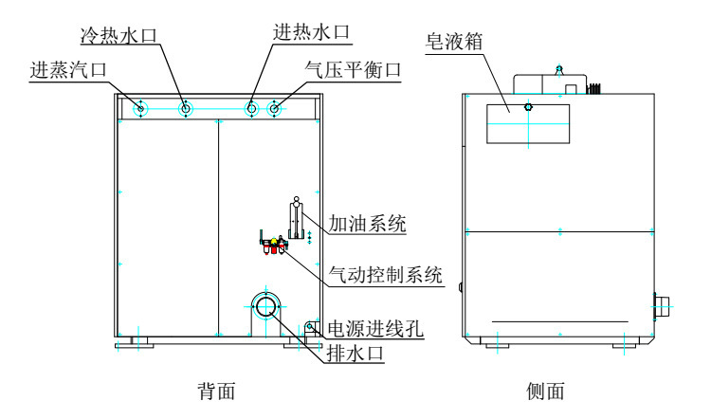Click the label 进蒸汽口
tap(68, 69)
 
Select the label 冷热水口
tap(118, 35)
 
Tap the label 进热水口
tap(312, 31)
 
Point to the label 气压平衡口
tap(353, 70)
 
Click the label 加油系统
tap(367, 224)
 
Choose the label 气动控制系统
tap(386, 275)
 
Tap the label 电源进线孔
tap(375, 328)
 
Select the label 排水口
tap(355, 353)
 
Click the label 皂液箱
tap(454, 42)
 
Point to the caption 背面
tap(216, 391)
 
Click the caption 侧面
tap(545, 391)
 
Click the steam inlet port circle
tap(140, 108)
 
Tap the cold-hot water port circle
tap(186, 108)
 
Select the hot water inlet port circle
tap(251, 108)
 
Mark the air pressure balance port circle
tap(274, 108)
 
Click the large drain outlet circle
tap(266, 306)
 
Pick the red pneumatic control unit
tap(273, 246)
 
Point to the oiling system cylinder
tap(296, 220)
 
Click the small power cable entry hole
tap(310, 325)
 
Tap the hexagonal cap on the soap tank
tap(528, 107)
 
